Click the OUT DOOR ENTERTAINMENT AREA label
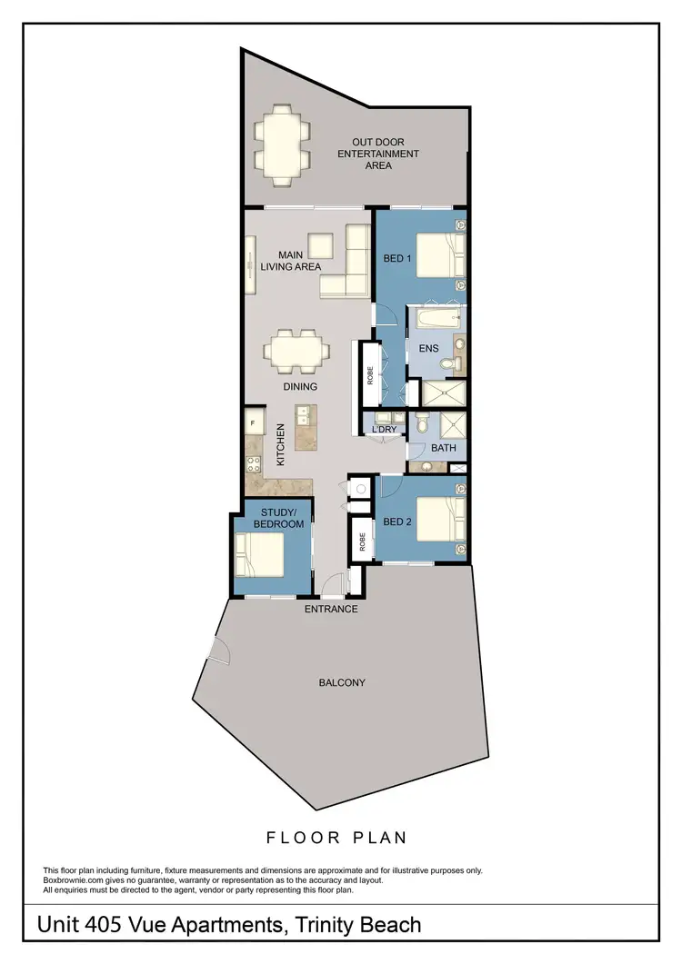coord(378,154)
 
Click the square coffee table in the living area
coord(321,246)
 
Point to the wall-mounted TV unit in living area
coord(248,268)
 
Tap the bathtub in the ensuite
coord(435,320)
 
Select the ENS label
coord(428,348)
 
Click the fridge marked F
coord(252,423)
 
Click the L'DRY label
coord(384,429)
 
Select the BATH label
coord(444,449)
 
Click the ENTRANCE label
coord(331,609)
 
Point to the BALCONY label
coord(343,682)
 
